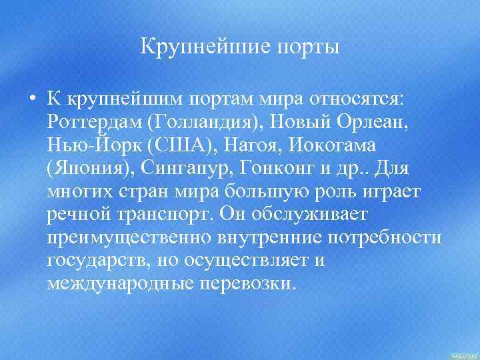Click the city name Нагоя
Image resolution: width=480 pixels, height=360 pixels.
[248, 144]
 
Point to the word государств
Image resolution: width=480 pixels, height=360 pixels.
[99, 261]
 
